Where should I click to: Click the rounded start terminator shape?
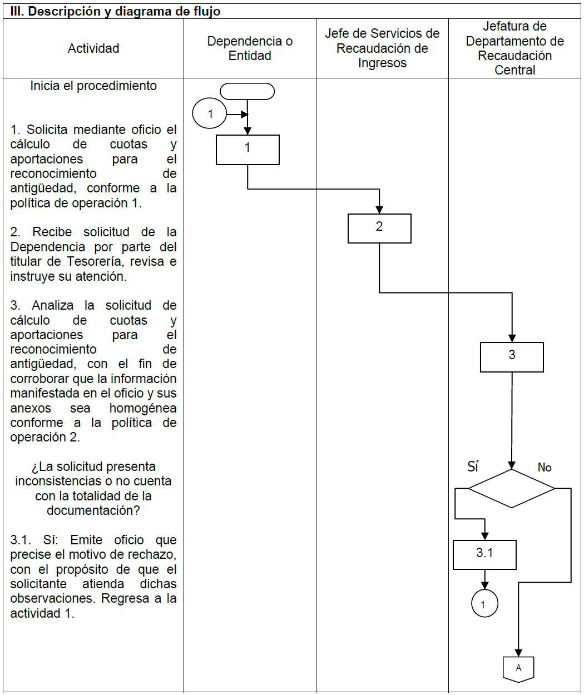point(248,91)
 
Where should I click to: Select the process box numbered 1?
point(248,150)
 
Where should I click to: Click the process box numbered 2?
point(379,228)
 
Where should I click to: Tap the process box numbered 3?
point(512,356)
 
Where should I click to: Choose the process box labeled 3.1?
point(484,554)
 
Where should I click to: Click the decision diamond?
point(512,488)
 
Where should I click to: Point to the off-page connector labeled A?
point(518,668)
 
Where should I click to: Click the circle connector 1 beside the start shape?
point(210,113)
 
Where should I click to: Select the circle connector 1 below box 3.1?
point(484,604)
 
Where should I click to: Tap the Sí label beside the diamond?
point(473,466)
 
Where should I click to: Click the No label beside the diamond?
point(545,468)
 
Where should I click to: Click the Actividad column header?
point(93,48)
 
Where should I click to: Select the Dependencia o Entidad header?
point(250,48)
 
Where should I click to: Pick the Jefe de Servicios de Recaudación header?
point(382,48)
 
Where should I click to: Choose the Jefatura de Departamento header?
point(514,48)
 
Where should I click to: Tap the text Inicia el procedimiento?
point(93,86)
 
